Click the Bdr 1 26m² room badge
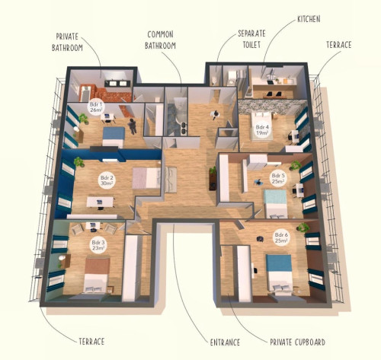[96, 107]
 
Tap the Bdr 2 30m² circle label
[107, 180]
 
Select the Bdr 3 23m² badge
[98, 245]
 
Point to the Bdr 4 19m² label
[262, 129]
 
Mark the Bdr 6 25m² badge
[281, 237]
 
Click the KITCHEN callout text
[309, 19]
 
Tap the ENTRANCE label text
[225, 342]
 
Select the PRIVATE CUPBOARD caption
[297, 342]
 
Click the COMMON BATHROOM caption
[160, 40]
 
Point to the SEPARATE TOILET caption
[251, 39]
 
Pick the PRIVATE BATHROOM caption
[67, 42]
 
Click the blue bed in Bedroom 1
[114, 137]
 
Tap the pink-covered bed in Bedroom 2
[146, 178]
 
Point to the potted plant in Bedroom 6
[303, 228]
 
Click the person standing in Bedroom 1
[133, 126]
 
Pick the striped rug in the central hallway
[171, 180]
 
